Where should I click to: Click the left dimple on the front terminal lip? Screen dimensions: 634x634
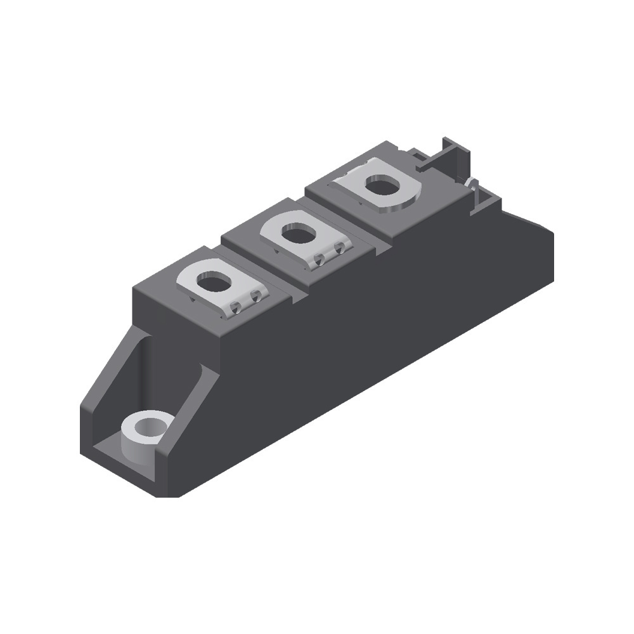coord(236,307)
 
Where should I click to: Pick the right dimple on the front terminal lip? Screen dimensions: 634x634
coord(256,295)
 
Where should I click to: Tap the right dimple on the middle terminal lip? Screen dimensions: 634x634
coord(340,246)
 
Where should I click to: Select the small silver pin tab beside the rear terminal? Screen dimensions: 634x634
coord(471,184)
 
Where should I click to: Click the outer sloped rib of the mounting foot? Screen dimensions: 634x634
coord(108,374)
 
